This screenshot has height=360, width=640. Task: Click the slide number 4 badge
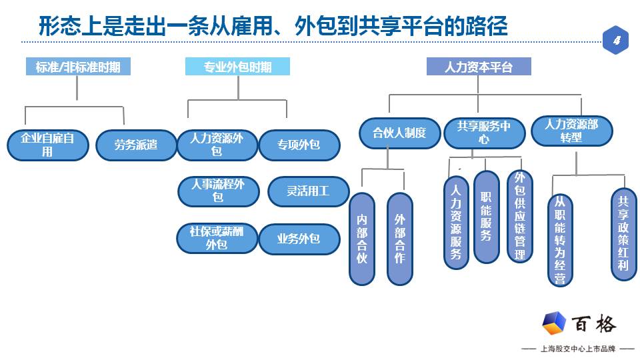[x=616, y=41]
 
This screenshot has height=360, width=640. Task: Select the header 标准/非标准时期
[x=78, y=67]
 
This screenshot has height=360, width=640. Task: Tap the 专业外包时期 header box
[x=238, y=67]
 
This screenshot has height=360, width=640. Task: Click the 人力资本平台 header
[x=479, y=67]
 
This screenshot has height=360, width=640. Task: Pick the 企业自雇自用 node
[x=48, y=145]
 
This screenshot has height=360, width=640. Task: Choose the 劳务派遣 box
[x=136, y=145]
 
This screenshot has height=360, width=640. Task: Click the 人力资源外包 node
[x=217, y=145]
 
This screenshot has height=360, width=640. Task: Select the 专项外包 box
[x=299, y=145]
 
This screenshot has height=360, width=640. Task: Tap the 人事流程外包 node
[x=218, y=191]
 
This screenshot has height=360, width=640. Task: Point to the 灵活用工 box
[x=308, y=191]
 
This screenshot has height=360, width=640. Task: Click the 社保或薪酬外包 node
[x=217, y=238]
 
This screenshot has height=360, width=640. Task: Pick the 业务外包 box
[x=299, y=238]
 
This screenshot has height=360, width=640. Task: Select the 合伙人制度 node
[x=400, y=133]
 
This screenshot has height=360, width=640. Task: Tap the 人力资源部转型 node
[x=571, y=131]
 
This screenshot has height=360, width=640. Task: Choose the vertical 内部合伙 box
[x=362, y=239]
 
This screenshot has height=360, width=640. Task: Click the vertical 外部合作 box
[x=400, y=239]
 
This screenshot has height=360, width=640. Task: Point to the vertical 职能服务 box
[x=486, y=217]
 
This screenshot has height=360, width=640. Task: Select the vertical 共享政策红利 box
[x=623, y=233]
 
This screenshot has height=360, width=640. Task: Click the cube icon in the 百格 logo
[x=554, y=324]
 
